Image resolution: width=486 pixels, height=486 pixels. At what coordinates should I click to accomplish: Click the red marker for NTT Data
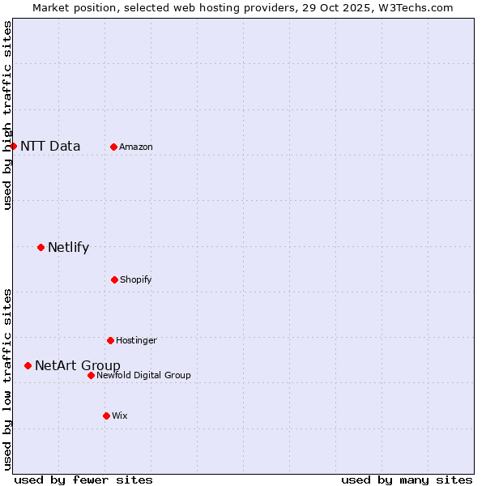point(14,146)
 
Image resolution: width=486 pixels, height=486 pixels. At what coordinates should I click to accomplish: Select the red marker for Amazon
point(113,147)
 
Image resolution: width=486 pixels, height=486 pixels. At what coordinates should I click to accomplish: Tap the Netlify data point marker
point(40,247)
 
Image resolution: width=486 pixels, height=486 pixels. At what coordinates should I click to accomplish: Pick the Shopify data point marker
point(114,279)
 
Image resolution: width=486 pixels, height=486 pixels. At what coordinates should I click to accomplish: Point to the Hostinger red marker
point(110,340)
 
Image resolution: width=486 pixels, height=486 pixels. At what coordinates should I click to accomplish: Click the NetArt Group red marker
point(28,365)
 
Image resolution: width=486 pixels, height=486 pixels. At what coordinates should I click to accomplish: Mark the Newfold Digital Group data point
point(91,375)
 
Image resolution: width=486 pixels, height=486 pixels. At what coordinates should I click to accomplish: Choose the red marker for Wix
point(106,416)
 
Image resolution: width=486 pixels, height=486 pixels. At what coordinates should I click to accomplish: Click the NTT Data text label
point(50,147)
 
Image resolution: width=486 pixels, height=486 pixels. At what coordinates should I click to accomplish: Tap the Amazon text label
point(136,147)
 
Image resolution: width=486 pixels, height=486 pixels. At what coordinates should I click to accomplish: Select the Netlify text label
point(68,248)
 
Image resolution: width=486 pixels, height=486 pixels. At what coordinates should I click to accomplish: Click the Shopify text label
point(136,280)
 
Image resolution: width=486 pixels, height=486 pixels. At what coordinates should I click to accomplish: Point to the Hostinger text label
point(136,341)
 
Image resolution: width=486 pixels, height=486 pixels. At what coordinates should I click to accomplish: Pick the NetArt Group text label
point(78,366)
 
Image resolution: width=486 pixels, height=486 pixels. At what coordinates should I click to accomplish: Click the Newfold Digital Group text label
point(143,376)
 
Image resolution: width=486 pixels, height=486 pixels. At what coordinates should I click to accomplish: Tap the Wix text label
point(120,416)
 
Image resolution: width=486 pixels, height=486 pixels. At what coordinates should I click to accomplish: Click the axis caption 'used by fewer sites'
point(83,480)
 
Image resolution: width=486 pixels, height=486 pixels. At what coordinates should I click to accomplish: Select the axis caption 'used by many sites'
point(407,480)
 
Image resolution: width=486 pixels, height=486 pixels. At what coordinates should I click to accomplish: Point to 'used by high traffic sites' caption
point(8,115)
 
